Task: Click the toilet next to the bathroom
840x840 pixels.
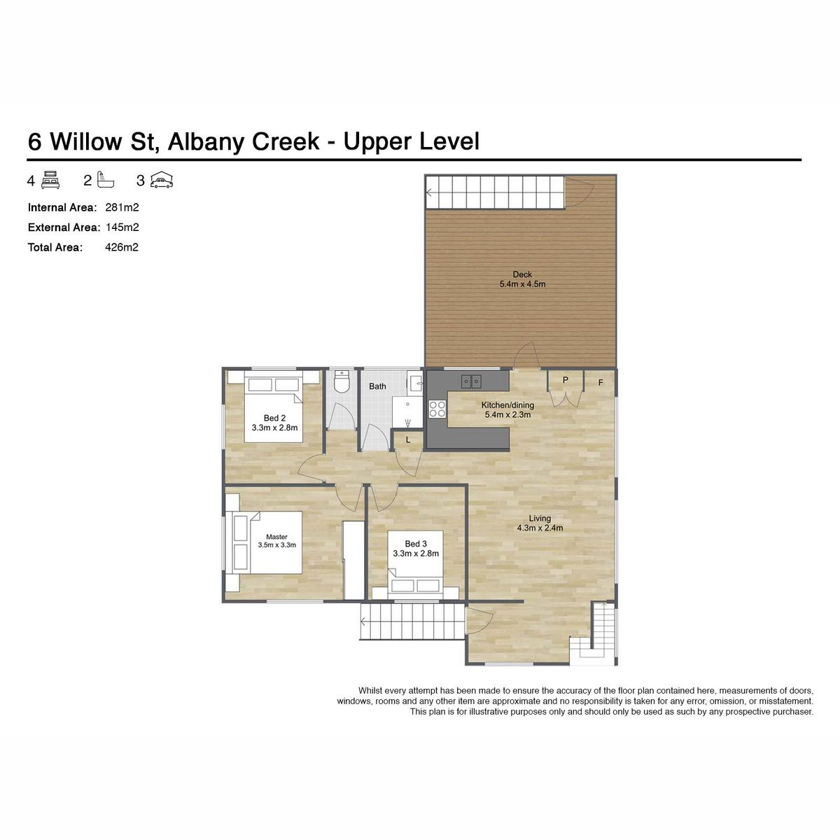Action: (342, 382)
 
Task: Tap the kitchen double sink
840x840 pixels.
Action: (471, 381)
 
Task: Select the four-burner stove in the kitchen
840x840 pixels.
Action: (437, 409)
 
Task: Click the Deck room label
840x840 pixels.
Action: (522, 274)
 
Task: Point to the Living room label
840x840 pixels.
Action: (540, 518)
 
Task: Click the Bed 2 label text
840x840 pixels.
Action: (274, 418)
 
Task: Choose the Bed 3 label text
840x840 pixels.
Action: (415, 544)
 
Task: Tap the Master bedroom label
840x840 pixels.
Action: (276, 537)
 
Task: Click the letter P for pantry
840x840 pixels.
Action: (566, 380)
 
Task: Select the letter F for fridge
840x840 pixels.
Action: (601, 383)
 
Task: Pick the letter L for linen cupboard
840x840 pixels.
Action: (408, 440)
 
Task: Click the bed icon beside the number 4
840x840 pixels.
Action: (50, 180)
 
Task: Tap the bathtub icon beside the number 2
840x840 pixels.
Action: (105, 180)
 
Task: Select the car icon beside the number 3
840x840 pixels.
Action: (161, 180)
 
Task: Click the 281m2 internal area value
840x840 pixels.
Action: (122, 207)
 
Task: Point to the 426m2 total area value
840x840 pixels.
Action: (122, 248)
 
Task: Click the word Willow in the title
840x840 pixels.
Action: (86, 141)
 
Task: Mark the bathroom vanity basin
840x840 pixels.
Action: (414, 383)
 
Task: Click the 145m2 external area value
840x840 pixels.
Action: (122, 227)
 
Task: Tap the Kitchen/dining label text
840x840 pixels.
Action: (507, 405)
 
